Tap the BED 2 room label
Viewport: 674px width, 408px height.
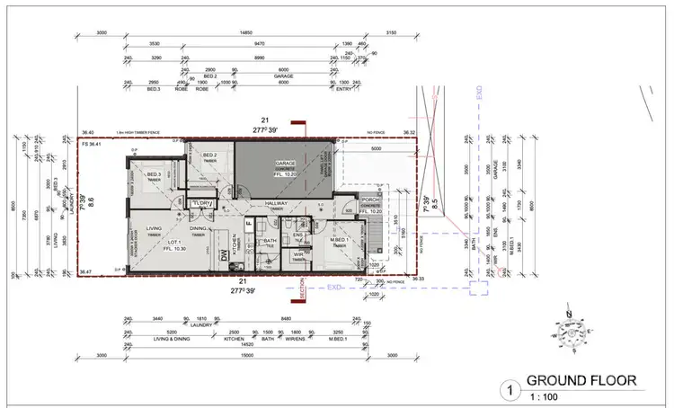[210, 155]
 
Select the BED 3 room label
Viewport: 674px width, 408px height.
[154, 173]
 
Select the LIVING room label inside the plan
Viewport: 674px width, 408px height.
[141, 227]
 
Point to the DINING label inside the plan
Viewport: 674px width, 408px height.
[199, 227]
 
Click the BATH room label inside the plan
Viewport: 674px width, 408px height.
[269, 240]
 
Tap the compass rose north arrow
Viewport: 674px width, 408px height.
[568, 332]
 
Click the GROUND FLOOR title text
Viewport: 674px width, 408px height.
[581, 380]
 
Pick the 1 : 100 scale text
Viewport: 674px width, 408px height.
[543, 395]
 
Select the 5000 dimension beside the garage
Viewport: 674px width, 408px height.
[377, 150]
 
